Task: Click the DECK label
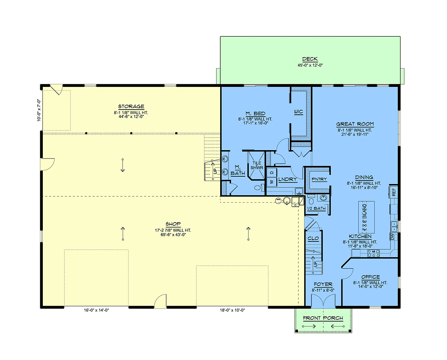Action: click(310, 59)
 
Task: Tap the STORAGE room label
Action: click(131, 107)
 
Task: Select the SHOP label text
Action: click(173, 224)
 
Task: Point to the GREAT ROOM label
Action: click(355, 124)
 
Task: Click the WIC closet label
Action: click(298, 112)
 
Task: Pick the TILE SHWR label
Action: click(257, 165)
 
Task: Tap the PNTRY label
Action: click(319, 179)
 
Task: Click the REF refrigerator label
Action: click(394, 192)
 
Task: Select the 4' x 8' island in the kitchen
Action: click(367, 217)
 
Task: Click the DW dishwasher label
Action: click(392, 237)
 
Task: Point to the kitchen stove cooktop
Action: click(374, 253)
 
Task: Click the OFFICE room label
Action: click(371, 277)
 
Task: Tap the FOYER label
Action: click(323, 284)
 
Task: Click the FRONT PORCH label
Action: click(323, 318)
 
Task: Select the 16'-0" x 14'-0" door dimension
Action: click(96, 310)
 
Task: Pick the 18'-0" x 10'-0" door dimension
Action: click(232, 310)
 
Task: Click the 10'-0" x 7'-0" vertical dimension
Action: click(39, 110)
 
